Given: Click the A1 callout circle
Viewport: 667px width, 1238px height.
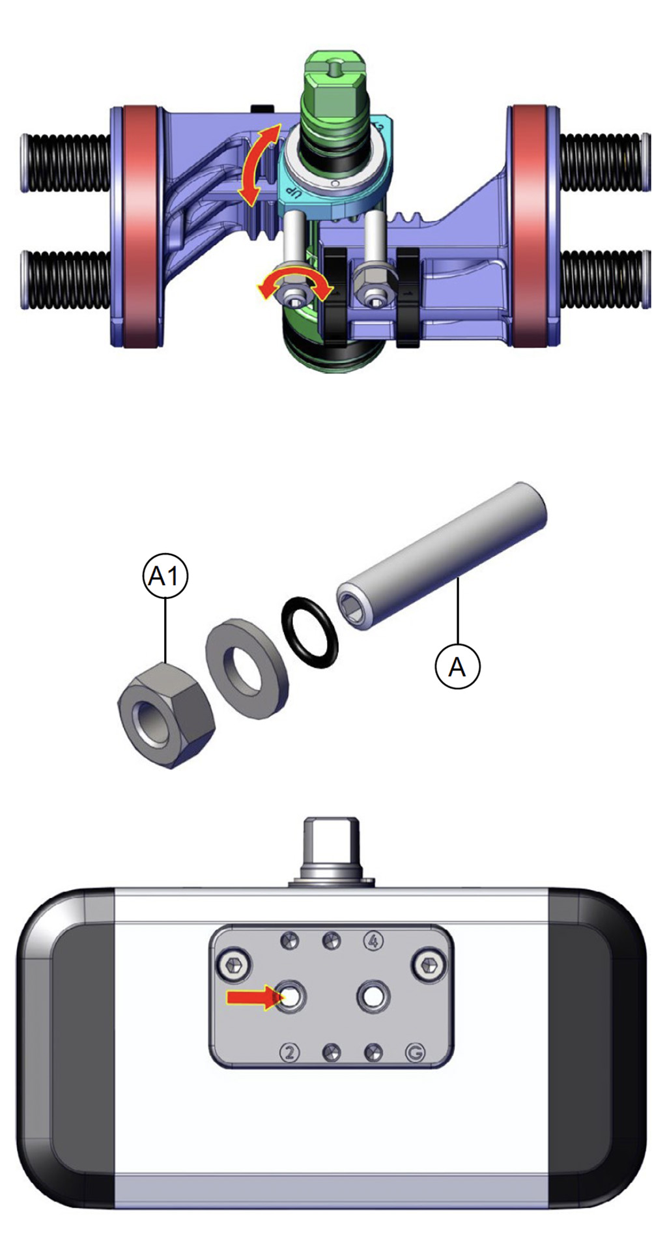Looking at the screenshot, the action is coord(165,576).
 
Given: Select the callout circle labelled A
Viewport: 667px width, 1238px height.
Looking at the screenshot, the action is coord(457,667).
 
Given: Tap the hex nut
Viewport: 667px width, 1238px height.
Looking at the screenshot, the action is coord(166,715).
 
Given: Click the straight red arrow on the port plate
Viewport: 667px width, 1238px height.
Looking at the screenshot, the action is coord(254,996).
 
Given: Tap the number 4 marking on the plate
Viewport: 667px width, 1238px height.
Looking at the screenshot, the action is coord(373,941).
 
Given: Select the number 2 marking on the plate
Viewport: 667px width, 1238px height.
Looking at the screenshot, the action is coord(290,1052).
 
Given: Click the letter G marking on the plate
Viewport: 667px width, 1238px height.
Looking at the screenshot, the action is coord(415,1052).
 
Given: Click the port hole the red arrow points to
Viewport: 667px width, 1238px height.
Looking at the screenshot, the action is coord(291,997).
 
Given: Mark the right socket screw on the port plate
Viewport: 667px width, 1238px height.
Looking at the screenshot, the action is coord(429,963).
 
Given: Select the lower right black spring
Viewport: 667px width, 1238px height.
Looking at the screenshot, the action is coord(604,279).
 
